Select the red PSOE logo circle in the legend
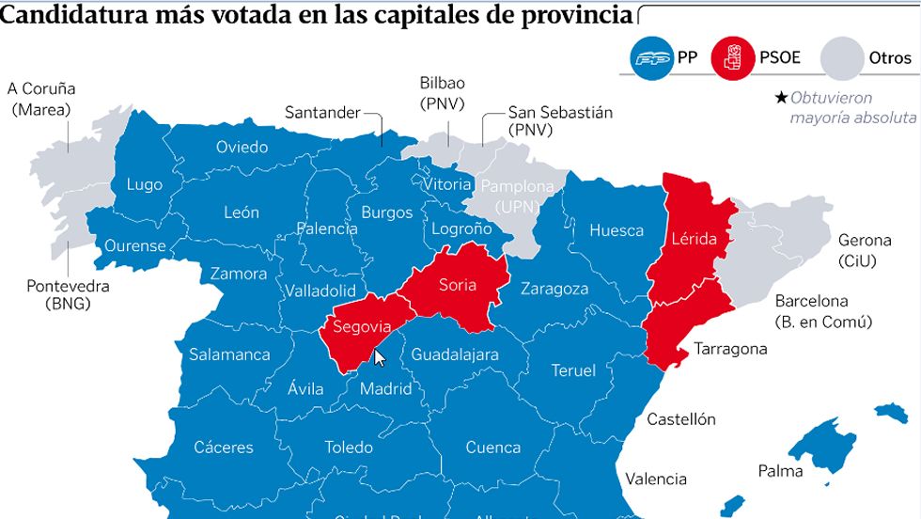coord(735,58)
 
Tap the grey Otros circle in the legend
coord(842,58)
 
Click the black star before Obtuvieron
coord(780,98)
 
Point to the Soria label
coord(458,285)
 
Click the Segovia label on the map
coord(355,327)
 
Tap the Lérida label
coord(694,239)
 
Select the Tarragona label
coord(730,349)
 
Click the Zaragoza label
coord(554,289)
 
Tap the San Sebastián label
coord(560,113)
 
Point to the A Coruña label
coord(41,89)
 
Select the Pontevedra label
coord(68,286)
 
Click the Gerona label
coord(864,240)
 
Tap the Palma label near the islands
coord(779,470)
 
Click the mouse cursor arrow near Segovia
coord(379,358)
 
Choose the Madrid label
coord(386,388)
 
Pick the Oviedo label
coord(242,147)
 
